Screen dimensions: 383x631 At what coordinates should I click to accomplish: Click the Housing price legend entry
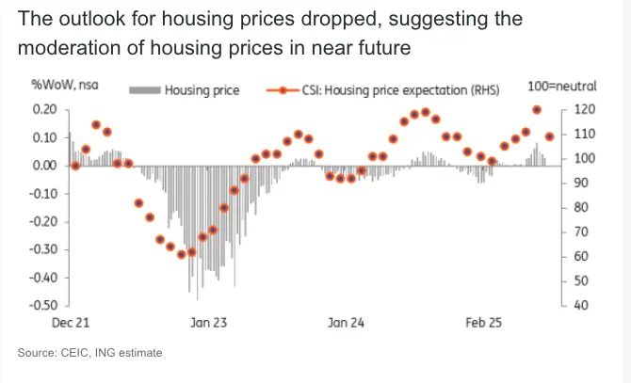point(202,90)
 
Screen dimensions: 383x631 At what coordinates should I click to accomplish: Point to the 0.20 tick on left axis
point(43,109)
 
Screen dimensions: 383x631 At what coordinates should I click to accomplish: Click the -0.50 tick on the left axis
point(41,306)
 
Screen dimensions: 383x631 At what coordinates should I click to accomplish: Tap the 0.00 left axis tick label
point(43,166)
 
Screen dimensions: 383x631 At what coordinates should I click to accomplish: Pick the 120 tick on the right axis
point(584,109)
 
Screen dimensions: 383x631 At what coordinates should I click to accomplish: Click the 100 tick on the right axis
point(584,158)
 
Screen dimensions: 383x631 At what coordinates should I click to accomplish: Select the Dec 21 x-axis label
point(70,323)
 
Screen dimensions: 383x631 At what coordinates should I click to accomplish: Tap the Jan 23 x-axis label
point(209,323)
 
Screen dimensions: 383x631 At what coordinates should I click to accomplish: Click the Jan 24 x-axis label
point(346,323)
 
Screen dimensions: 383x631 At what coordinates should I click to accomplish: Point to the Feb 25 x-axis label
point(483,323)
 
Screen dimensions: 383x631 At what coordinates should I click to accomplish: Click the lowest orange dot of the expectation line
point(192,252)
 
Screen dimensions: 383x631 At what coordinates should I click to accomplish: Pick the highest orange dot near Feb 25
point(537,110)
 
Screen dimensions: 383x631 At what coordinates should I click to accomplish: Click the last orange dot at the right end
point(549,136)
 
